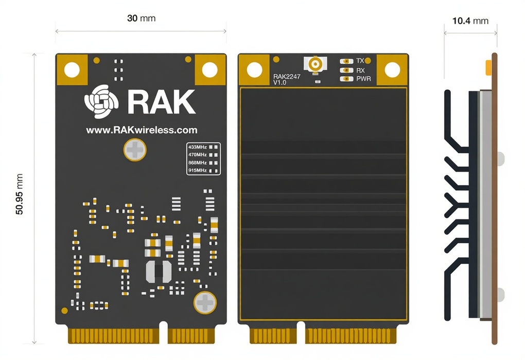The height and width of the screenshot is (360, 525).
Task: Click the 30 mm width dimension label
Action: pos(141,19)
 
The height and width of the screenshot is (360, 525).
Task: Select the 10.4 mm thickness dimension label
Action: pos(470,21)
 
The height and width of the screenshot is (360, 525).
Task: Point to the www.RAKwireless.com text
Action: pos(142,131)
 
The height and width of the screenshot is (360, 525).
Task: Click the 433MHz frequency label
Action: pos(198,147)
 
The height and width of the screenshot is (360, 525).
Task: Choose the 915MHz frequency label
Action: pos(198,170)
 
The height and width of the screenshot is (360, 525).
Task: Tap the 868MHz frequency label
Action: pos(198,163)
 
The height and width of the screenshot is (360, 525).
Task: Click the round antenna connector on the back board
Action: pos(315,64)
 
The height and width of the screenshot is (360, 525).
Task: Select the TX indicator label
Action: pos(360,61)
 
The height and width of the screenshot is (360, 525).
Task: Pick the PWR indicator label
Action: pos(363,79)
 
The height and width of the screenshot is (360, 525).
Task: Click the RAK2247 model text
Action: pos(287,77)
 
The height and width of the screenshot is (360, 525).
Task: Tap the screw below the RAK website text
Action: pos(135,150)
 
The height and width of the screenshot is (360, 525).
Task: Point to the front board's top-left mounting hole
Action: pos(72,69)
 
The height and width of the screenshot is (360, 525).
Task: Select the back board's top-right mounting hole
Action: pos(392,69)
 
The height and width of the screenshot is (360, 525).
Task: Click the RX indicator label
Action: pos(360,70)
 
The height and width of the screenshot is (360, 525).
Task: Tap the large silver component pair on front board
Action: pos(159,272)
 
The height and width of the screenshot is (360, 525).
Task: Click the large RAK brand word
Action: pos(161,102)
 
